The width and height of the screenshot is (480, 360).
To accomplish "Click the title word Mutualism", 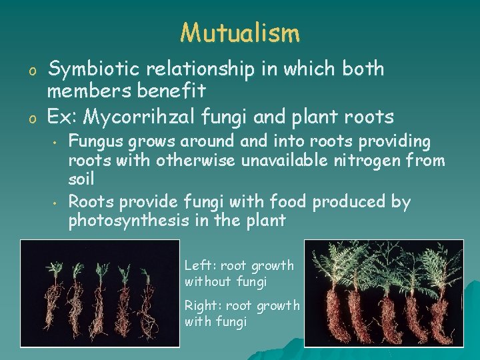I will point(240,31).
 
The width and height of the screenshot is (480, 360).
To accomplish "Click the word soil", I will point(81,179).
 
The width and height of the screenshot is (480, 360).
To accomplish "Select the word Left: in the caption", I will point(199,266).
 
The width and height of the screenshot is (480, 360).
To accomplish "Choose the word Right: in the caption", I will point(203,306).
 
